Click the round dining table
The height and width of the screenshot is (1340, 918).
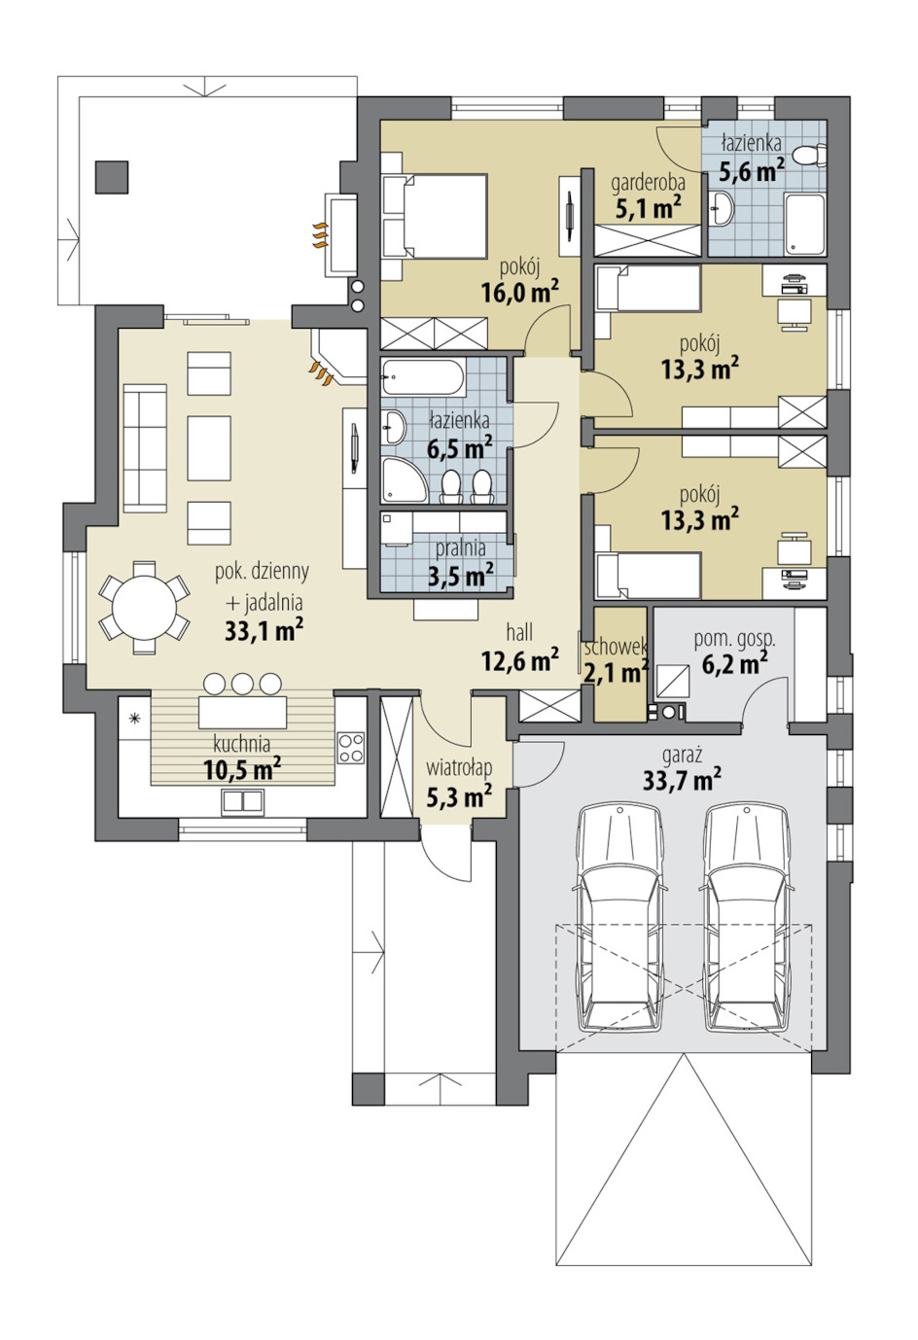click(x=145, y=607)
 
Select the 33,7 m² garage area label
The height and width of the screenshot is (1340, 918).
click(x=682, y=780)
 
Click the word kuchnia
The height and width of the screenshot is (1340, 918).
click(x=241, y=744)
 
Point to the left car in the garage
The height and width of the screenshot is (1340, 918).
click(x=619, y=919)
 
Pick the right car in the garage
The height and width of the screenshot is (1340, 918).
click(x=746, y=919)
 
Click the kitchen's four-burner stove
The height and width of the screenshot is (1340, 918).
click(x=351, y=748)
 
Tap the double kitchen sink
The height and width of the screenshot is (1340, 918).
click(x=242, y=801)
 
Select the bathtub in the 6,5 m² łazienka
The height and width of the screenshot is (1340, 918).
click(x=423, y=377)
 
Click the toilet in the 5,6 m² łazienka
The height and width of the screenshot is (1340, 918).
click(x=810, y=155)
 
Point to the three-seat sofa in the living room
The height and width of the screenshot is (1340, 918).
click(x=145, y=448)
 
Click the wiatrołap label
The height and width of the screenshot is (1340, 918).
click(x=459, y=767)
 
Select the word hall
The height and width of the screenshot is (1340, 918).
click(x=519, y=632)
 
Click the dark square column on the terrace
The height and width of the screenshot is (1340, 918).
click(x=112, y=177)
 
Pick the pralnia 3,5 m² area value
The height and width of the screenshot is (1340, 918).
click(x=461, y=576)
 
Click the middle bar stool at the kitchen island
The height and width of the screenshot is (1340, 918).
click(x=242, y=684)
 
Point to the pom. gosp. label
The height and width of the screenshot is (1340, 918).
click(x=734, y=640)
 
